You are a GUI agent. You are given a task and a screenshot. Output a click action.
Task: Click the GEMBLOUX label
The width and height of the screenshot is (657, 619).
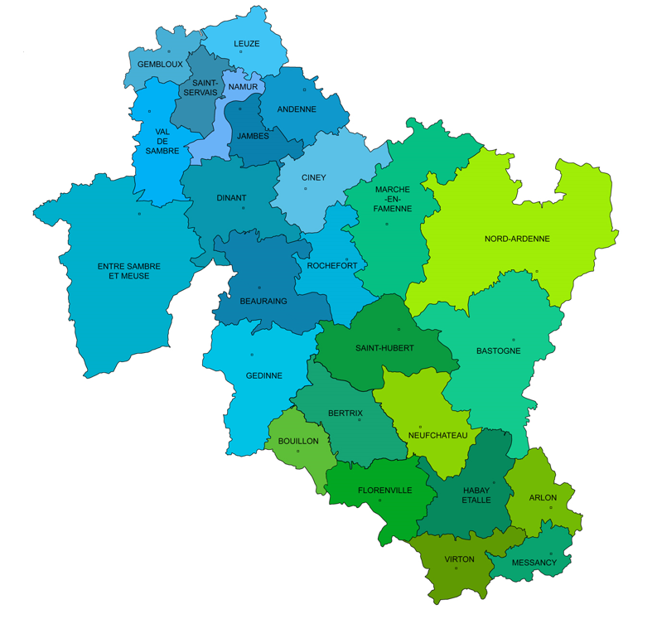click(160, 65)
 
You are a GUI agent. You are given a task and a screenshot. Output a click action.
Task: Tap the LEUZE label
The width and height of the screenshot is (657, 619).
click(247, 44)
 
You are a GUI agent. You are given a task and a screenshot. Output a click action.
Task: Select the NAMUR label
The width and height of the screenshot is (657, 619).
click(243, 87)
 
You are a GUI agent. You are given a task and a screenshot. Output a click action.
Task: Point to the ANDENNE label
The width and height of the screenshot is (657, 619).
click(297, 109)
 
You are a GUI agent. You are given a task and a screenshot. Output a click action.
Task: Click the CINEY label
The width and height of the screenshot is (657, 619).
click(313, 177)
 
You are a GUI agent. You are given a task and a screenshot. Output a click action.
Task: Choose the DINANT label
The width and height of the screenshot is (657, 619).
click(231, 198)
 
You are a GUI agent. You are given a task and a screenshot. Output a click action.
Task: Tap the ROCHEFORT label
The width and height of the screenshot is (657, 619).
click(331, 265)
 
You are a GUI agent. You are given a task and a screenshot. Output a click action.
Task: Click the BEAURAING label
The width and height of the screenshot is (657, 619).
click(263, 302)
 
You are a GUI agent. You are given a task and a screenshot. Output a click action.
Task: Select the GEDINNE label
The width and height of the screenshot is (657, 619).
click(264, 376)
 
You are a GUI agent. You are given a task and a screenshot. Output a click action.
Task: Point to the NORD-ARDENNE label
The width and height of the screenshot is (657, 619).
click(517, 239)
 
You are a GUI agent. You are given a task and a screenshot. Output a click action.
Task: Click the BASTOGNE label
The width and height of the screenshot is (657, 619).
click(498, 351)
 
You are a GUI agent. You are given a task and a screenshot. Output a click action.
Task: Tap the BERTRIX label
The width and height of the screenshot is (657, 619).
click(345, 413)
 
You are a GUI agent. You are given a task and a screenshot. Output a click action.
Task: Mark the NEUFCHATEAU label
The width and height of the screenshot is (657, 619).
click(438, 435)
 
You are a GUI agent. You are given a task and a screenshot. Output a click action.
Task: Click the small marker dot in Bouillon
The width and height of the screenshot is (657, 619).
click(298, 451)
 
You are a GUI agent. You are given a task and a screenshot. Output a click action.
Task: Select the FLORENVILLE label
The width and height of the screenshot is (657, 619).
click(384, 491)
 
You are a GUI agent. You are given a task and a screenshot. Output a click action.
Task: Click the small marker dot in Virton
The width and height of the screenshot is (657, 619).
click(456, 568)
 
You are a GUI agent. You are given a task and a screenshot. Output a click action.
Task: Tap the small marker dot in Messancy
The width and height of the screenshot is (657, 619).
click(551, 554)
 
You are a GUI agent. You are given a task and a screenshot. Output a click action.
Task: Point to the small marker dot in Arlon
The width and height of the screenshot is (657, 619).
click(551, 508)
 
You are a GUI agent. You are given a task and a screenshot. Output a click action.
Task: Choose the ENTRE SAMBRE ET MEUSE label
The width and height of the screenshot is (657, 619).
click(129, 271)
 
